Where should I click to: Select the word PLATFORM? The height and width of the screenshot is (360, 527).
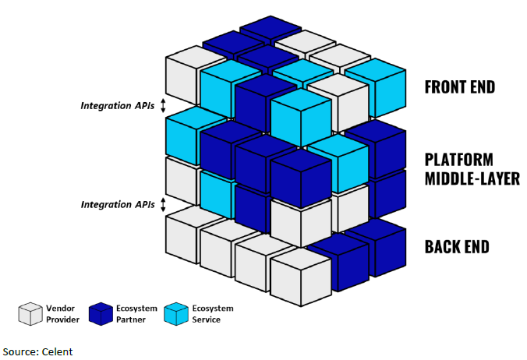pyautogui.click(x=458, y=160)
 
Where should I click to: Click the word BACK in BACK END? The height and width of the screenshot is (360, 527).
pyautogui.click(x=444, y=248)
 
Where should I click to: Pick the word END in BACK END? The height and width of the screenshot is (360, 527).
pyautogui.click(x=479, y=248)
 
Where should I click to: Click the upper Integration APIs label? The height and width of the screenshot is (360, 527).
pyautogui.click(x=118, y=105)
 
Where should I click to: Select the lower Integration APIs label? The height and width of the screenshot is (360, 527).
pyautogui.click(x=118, y=204)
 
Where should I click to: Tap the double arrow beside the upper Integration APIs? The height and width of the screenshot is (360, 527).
pyautogui.click(x=163, y=105)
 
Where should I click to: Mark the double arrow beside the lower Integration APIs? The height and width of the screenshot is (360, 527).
pyautogui.click(x=163, y=204)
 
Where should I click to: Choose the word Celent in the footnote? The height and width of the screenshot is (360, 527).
pyautogui.click(x=58, y=351)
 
